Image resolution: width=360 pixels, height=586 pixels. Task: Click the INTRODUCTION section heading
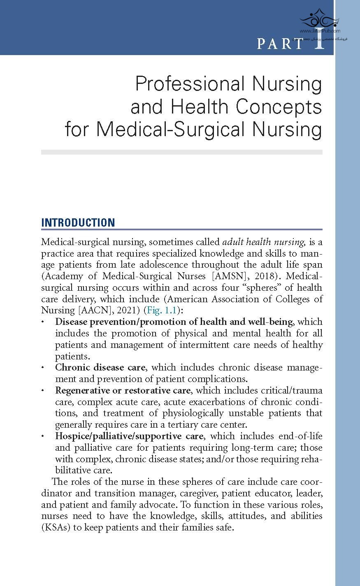coord(78,223)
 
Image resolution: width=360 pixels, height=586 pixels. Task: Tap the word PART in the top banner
coord(280,43)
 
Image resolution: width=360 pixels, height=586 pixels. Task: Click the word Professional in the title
coord(190,84)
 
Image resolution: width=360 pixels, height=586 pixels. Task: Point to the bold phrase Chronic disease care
coord(100,367)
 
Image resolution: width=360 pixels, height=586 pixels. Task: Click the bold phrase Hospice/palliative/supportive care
coord(129,436)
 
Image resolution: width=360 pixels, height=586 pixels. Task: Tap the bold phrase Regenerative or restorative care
coord(123,390)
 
